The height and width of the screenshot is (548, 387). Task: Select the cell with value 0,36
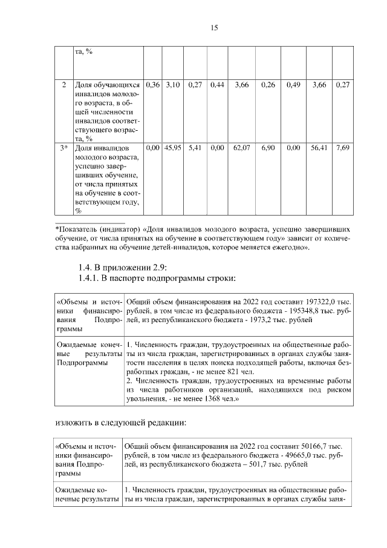[x=153, y=85]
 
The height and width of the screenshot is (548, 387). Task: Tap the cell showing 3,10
[x=173, y=85]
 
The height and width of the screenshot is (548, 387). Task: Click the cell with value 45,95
[x=173, y=147]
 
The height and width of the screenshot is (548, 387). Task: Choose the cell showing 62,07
[x=242, y=147]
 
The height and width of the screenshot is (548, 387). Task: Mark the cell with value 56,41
[x=319, y=147]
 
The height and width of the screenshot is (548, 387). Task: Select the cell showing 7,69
[x=342, y=147]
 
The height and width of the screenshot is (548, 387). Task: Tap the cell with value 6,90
[x=268, y=147]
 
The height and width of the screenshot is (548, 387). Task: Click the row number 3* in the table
[x=63, y=147]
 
